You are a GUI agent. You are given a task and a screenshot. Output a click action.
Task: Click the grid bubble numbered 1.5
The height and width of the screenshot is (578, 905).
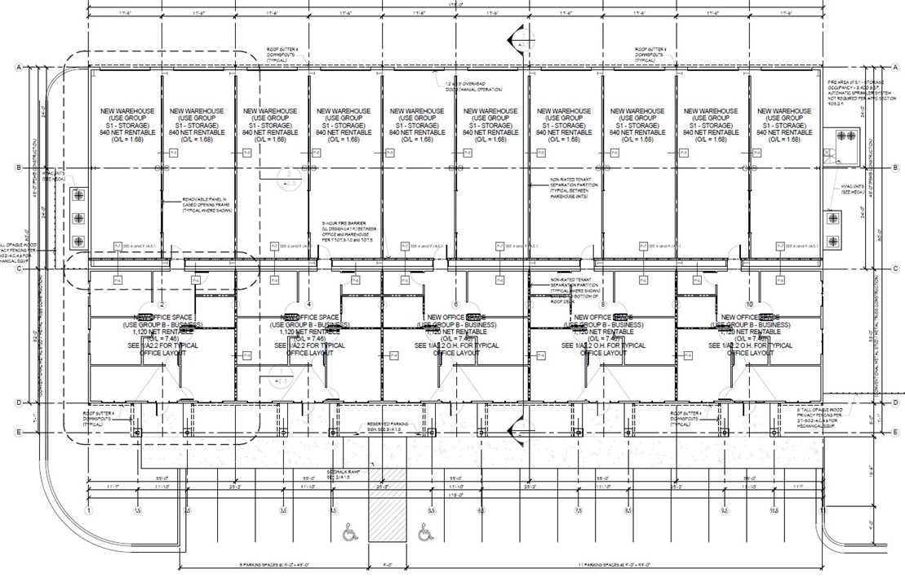coord(137,510)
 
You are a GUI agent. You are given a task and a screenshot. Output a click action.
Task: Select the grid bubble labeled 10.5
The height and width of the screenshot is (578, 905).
coord(774,510)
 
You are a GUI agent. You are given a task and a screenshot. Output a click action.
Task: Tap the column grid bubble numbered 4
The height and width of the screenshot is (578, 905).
coord(309,305)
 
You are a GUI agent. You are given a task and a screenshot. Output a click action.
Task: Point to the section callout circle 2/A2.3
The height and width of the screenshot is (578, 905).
coord(287,177)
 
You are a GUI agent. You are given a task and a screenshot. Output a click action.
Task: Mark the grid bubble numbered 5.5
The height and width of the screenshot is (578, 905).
coord(431,510)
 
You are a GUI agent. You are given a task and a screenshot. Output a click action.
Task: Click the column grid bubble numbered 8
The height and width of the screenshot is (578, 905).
coord(603,305)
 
